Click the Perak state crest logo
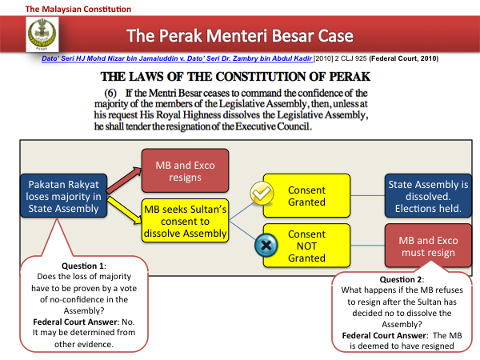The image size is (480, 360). click(x=42, y=34)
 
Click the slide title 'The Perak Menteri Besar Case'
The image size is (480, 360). click(x=240, y=35)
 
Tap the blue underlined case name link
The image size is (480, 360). click(x=177, y=58)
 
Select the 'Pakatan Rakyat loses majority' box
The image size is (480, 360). click(x=64, y=196)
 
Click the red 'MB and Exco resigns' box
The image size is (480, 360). click(x=186, y=171)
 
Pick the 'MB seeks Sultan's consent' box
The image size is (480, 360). click(x=186, y=221)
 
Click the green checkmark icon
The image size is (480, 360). click(x=262, y=193)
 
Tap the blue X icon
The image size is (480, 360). click(x=266, y=245)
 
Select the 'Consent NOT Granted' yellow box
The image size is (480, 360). click(x=306, y=246)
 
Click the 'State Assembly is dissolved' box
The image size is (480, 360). click(x=428, y=196)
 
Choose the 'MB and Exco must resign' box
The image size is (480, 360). click(x=428, y=246)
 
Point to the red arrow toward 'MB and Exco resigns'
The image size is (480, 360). click(x=124, y=180)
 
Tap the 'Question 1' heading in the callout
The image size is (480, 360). click(x=83, y=266)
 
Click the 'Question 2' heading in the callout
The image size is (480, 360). click(x=402, y=279)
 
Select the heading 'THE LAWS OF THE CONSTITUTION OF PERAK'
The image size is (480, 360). click(x=235, y=77)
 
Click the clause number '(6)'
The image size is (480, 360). click(x=110, y=93)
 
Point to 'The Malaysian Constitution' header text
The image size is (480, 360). click(x=78, y=9)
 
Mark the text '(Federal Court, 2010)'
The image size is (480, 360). click(x=404, y=58)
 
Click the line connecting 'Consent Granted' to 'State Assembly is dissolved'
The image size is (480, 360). click(x=368, y=196)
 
